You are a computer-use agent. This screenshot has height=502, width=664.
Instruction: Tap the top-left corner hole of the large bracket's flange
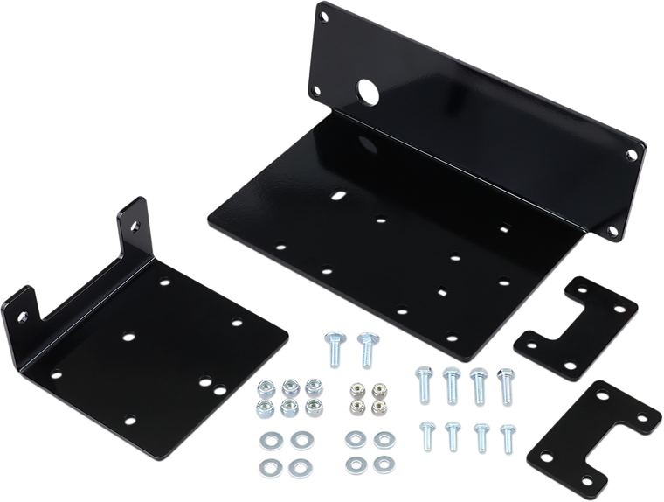[325, 15]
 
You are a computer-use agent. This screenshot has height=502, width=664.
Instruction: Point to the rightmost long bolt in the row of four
[504, 386]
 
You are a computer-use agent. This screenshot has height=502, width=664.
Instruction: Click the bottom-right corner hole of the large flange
[612, 231]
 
